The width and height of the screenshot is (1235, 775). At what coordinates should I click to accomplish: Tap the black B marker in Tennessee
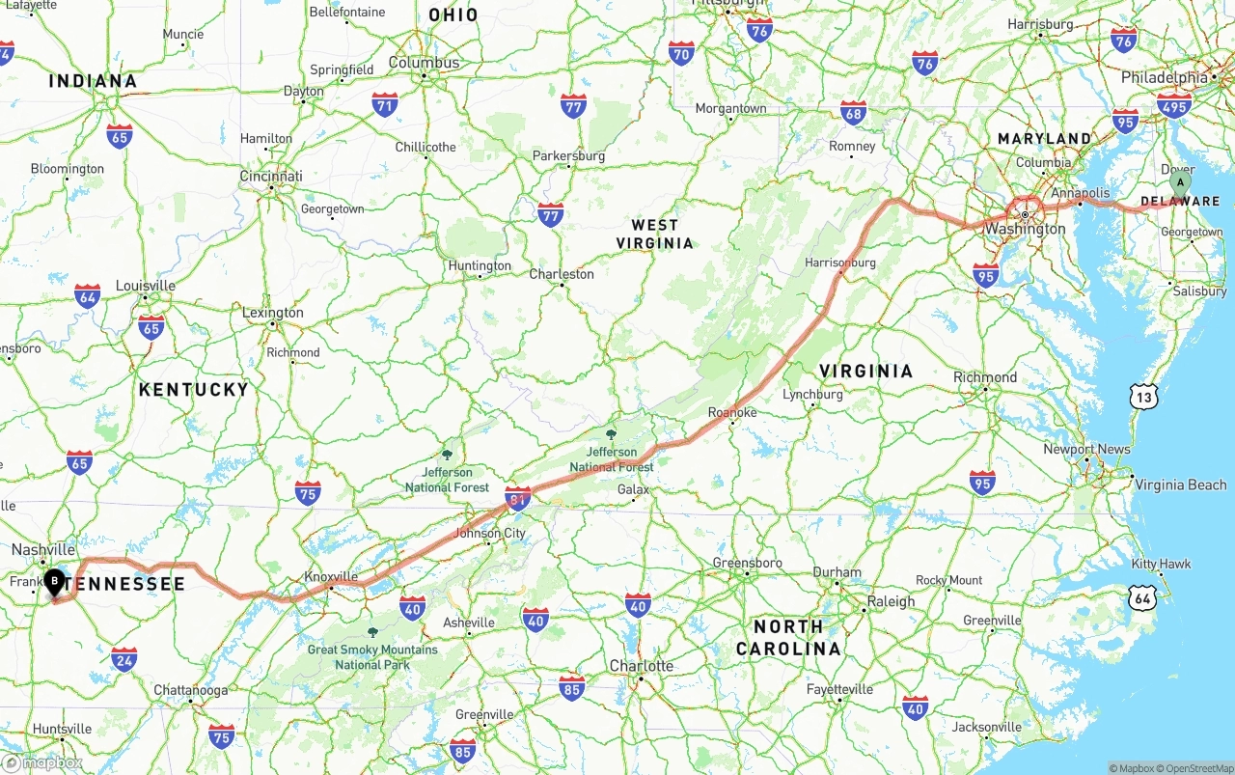point(55,581)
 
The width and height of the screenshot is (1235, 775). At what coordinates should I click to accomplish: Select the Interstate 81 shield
point(518,497)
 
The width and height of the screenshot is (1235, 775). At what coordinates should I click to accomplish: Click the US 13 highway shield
point(1144,396)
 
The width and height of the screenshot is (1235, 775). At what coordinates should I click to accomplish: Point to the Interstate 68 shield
point(853,113)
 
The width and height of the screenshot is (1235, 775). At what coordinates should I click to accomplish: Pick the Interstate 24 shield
point(123,659)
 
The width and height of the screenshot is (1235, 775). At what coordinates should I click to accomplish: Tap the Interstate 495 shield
point(1174,105)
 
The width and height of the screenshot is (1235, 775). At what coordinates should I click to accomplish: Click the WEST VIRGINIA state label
point(655,234)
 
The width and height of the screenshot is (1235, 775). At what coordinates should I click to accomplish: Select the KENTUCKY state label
point(193,390)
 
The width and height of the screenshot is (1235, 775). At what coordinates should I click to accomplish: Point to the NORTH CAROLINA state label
point(788,637)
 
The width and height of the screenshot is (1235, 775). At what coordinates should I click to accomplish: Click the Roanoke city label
point(732,413)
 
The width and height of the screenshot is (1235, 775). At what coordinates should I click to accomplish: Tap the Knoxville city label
point(331,576)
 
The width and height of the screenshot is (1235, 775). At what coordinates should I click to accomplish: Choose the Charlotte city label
point(642,666)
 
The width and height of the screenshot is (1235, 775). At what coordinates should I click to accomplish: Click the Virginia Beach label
point(1180,484)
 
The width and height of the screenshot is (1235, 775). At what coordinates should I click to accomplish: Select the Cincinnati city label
point(271,177)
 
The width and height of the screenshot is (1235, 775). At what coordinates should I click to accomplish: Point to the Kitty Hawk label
point(1162,564)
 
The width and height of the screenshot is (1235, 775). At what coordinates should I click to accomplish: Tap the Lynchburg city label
point(813,394)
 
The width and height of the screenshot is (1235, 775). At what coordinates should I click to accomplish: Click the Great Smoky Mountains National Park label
point(372,656)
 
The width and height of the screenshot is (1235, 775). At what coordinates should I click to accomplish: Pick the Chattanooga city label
point(191,690)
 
